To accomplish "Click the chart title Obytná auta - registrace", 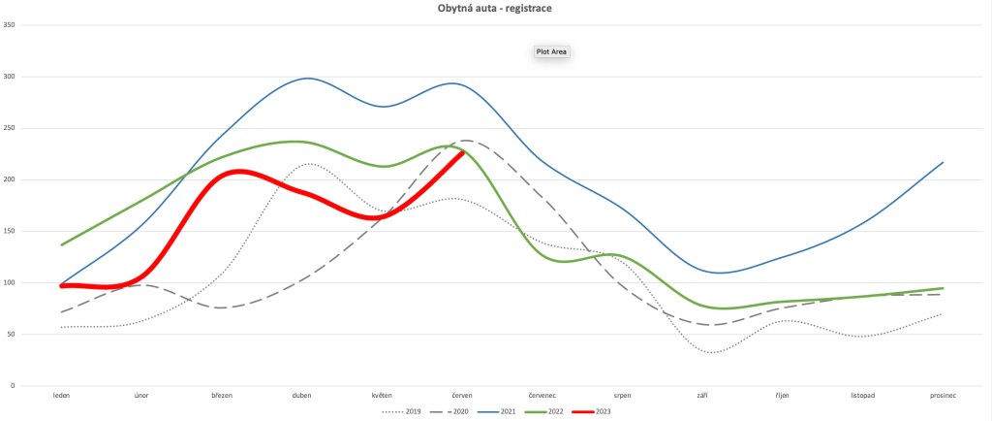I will pos(495,8).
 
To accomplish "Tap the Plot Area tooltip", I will pos(551,51).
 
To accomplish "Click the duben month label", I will pos(301,396).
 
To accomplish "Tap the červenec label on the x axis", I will pos(542,396).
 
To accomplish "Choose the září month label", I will pos(701,396).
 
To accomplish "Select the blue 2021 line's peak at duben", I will pos(307,79).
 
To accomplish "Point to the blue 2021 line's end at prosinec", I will pos(943,162).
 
